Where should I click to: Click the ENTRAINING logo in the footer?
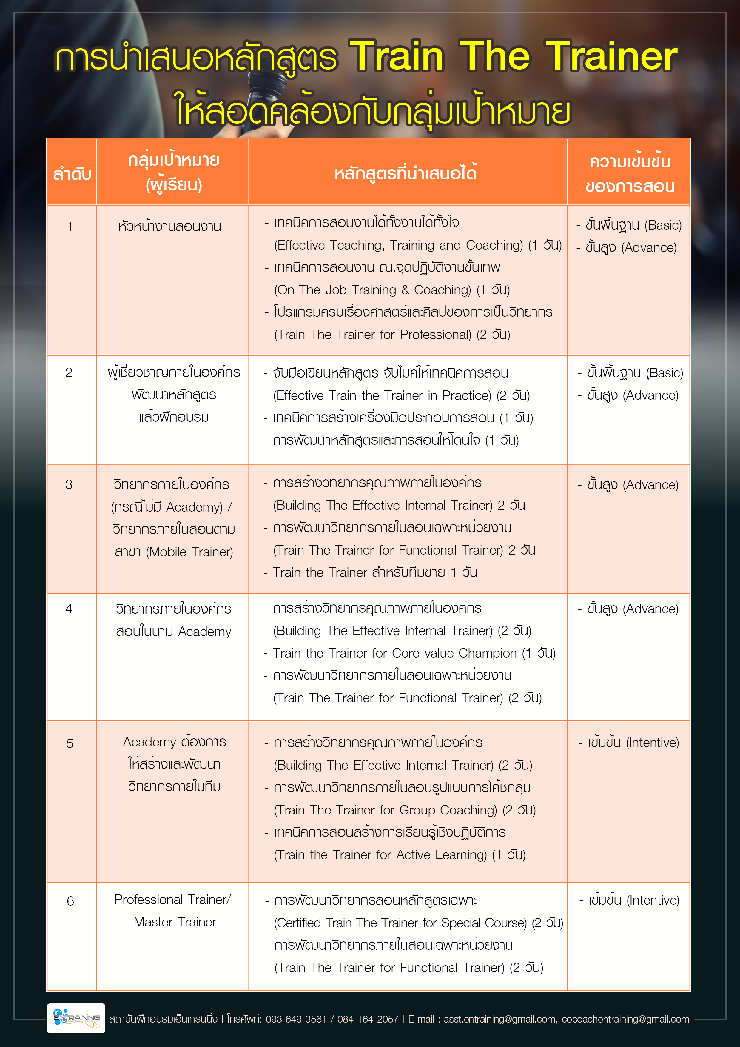(76, 1018)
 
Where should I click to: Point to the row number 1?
(70, 226)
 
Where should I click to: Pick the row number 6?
(70, 901)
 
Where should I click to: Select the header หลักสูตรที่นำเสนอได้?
(405, 173)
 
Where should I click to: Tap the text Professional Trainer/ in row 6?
(172, 900)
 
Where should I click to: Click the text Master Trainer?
(175, 922)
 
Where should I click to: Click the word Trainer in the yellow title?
(611, 56)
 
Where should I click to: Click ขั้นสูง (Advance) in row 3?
(632, 485)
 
